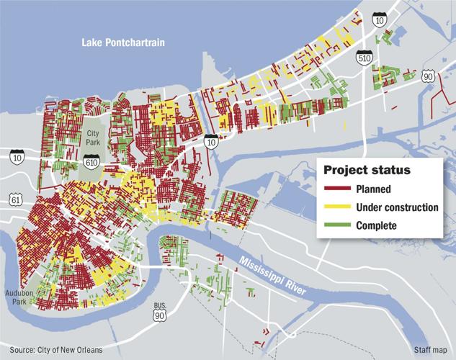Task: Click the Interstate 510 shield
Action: tap(365, 63)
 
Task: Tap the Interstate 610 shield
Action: tap(91, 163)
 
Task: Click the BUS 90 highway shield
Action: tap(160, 313)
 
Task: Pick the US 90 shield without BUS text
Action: tap(429, 76)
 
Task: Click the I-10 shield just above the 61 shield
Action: tap(17, 156)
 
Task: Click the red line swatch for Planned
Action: tap(336, 189)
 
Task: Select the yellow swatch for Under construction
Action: tap(336, 207)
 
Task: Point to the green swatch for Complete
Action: tap(336, 225)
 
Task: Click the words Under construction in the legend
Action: tap(397, 207)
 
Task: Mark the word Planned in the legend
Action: tap(373, 189)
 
